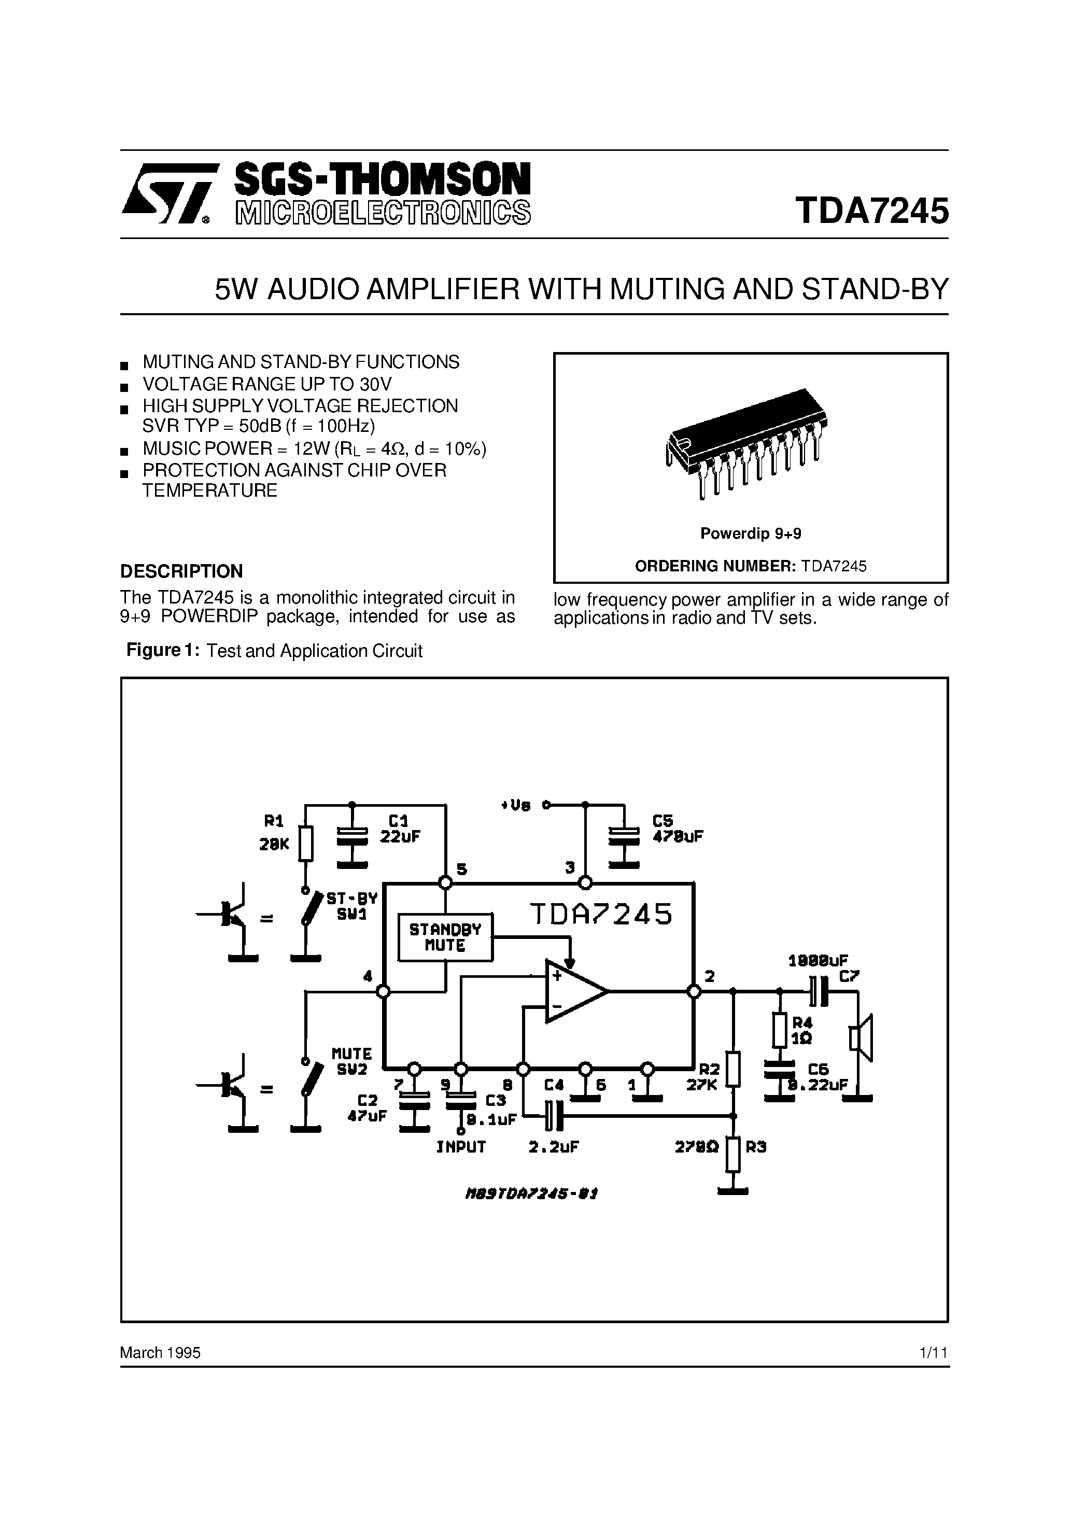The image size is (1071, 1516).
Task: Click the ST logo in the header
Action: click(x=168, y=193)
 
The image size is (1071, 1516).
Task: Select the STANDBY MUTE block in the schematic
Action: click(x=445, y=937)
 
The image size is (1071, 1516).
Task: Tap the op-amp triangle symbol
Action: click(x=572, y=991)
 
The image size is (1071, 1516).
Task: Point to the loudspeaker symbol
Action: click(x=861, y=1038)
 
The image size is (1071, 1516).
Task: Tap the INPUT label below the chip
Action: click(x=461, y=1147)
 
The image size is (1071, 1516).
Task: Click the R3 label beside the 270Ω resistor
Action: click(x=756, y=1147)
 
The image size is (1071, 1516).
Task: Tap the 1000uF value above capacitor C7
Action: click(x=818, y=961)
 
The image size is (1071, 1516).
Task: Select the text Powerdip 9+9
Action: click(x=750, y=534)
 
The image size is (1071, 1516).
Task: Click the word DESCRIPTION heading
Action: click(x=181, y=571)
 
